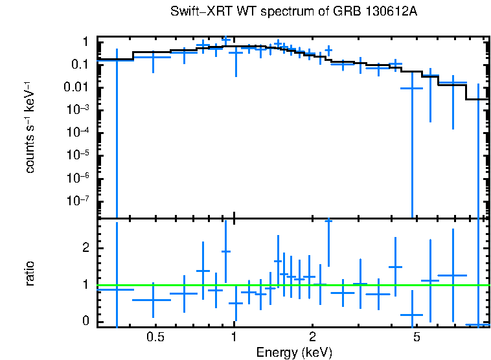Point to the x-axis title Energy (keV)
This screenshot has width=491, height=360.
(x=294, y=352)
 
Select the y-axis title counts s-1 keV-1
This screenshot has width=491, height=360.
(x=30, y=128)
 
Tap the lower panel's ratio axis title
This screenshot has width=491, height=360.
(x=30, y=273)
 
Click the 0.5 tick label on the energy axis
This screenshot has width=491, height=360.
(x=155, y=337)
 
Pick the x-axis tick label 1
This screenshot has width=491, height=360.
(x=234, y=337)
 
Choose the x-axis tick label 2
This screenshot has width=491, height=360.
(x=312, y=337)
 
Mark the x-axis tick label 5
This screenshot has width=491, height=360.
(x=417, y=337)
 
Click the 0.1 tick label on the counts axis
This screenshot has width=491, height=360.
(x=80, y=65)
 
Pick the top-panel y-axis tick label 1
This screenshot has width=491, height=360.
(x=85, y=42)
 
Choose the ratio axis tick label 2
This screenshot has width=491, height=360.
(x=85, y=248)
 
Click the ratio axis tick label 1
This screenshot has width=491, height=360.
(x=85, y=285)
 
